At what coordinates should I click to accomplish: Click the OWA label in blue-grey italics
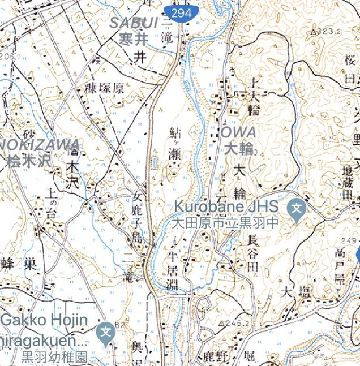(x=238, y=132)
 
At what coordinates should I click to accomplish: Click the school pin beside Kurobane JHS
(x=297, y=208)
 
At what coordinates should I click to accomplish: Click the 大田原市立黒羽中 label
(x=226, y=223)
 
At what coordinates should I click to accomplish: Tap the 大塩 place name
(x=297, y=292)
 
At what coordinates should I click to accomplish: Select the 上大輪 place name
(x=254, y=96)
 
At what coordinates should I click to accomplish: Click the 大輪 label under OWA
(x=238, y=149)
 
